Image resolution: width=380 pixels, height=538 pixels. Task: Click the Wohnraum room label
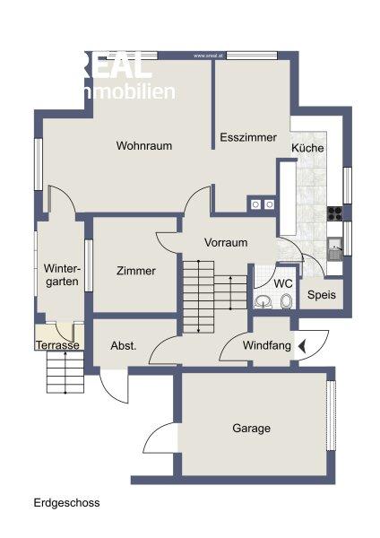(143, 145)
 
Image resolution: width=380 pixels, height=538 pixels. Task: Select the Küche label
(307, 148)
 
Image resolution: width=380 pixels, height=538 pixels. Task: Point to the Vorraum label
(226, 242)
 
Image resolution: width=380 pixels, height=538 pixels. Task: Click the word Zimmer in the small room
(136, 271)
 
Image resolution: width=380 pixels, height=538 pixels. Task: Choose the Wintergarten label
(62, 274)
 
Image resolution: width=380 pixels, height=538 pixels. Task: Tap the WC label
(283, 283)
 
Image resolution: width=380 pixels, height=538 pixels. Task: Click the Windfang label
(267, 347)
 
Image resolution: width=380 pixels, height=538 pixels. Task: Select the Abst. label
(123, 346)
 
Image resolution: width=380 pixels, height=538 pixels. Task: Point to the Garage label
(251, 429)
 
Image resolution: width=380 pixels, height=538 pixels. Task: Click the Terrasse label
(58, 345)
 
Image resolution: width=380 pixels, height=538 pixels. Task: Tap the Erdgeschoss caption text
(67, 503)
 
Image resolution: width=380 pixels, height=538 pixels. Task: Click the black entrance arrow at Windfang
(302, 346)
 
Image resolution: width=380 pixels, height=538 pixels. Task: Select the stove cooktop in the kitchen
(334, 213)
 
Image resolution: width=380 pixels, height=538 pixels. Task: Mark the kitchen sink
(334, 246)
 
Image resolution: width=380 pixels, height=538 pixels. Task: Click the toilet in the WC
(285, 301)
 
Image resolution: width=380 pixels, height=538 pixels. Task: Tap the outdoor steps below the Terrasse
(65, 371)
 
